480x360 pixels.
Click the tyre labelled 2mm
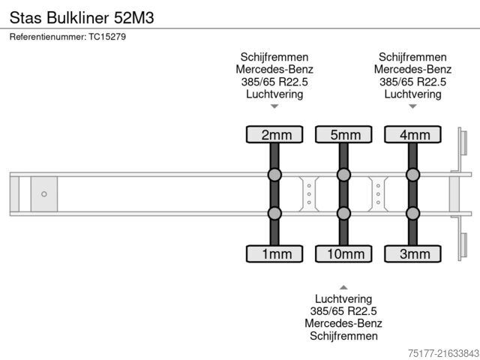click(x=274, y=135)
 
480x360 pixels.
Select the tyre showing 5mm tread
click(x=343, y=135)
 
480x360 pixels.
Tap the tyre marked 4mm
click(x=412, y=135)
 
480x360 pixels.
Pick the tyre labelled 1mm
click(x=274, y=254)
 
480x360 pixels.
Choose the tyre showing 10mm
click(x=343, y=254)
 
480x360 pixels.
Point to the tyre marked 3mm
click(x=412, y=254)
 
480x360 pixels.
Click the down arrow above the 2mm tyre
click(x=274, y=106)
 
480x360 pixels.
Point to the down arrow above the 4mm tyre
click(x=412, y=106)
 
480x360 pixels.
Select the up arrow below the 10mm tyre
click(x=343, y=287)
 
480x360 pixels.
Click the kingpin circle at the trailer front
click(x=44, y=194)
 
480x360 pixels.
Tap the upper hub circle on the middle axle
click(x=343, y=175)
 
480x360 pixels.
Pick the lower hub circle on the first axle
click(x=274, y=213)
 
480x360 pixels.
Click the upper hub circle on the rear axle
click(x=412, y=175)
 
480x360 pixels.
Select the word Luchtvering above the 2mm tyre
click(x=274, y=94)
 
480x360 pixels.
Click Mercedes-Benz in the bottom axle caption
click(x=343, y=323)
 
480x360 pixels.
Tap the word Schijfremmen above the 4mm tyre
click(x=412, y=58)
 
